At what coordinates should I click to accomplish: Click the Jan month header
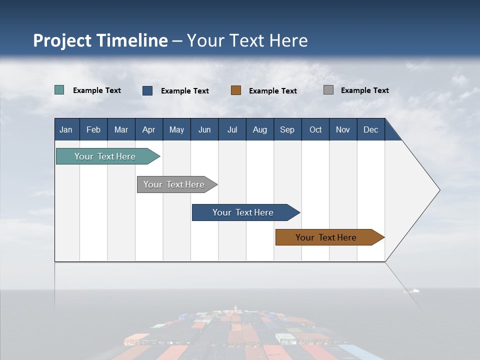click(x=66, y=129)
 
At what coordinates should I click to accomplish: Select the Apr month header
click(x=149, y=129)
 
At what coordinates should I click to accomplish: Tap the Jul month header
click(x=232, y=129)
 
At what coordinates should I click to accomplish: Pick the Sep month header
click(x=287, y=129)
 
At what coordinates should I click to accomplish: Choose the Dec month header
click(x=370, y=129)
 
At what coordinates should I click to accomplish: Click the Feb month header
click(x=93, y=129)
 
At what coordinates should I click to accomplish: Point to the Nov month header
click(x=343, y=129)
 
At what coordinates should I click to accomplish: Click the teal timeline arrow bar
click(x=105, y=156)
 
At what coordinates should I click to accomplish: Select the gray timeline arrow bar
click(x=174, y=184)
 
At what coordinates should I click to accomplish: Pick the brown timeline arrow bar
click(x=326, y=237)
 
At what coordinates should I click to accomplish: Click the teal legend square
click(x=59, y=90)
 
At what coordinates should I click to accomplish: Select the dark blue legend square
click(x=147, y=90)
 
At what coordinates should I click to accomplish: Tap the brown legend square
click(x=236, y=90)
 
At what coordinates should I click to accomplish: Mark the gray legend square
click(x=328, y=90)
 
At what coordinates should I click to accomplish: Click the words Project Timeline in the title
click(x=100, y=40)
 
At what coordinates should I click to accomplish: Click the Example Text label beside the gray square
click(x=364, y=90)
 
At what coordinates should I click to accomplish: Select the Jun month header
click(x=204, y=129)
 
